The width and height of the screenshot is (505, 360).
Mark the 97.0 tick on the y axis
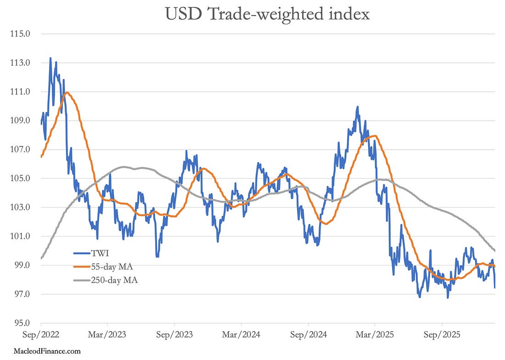pos(23,294)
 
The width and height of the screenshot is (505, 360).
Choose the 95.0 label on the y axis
pos(23,323)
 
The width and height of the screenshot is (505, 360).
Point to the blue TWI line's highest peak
pos(50,58)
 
